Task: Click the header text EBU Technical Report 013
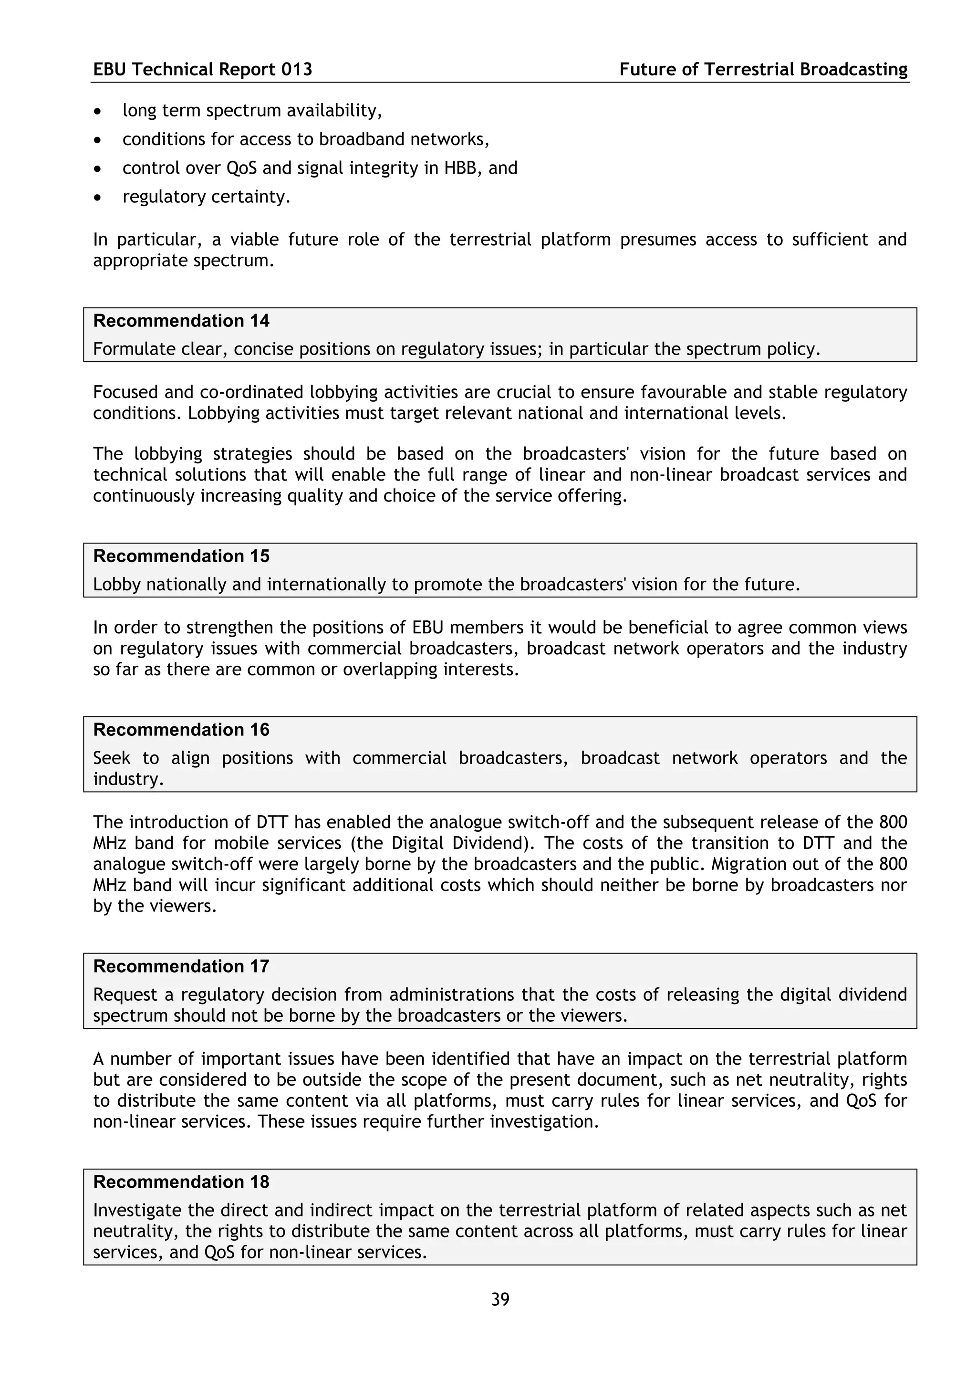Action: point(202,69)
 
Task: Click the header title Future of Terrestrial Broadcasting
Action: point(763,69)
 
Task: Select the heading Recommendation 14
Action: point(181,320)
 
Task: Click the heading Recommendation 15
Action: point(181,555)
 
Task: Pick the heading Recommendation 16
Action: point(181,730)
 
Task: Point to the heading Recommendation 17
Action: point(181,966)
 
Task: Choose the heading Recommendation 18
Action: point(181,1182)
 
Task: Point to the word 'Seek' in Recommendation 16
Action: point(111,758)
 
